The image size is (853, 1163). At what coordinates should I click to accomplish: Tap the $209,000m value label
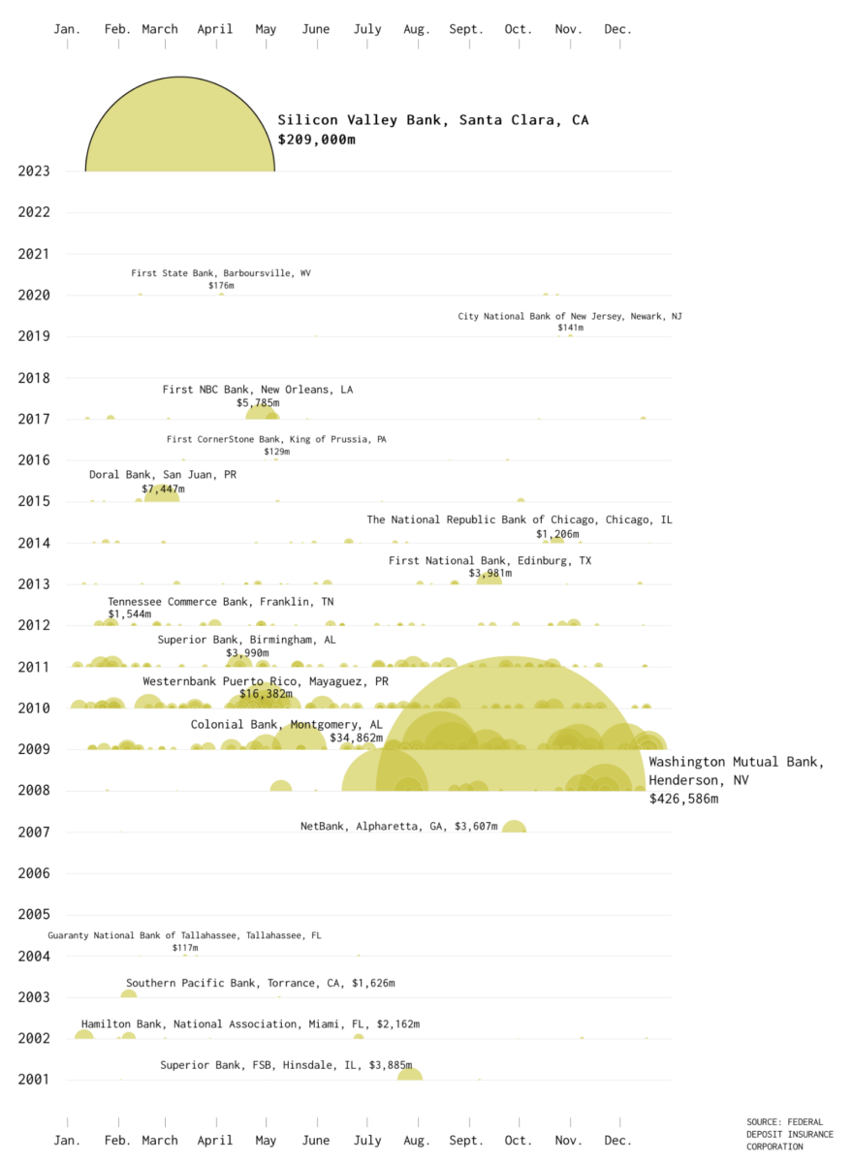point(317,140)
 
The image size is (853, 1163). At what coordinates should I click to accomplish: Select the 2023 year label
point(33,172)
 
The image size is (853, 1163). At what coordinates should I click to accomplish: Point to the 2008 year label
point(33,791)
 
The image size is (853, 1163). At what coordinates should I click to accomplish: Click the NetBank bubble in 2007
point(514,829)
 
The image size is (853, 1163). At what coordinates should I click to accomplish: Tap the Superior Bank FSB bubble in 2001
point(410,1074)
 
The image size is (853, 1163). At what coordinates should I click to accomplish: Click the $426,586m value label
point(684,799)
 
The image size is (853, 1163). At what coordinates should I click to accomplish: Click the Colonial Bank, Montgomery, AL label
point(287,724)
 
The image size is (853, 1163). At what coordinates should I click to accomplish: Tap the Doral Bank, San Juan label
point(163,475)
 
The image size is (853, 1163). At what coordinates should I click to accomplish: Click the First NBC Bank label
point(258,390)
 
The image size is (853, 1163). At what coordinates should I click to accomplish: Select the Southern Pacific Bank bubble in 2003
point(129,994)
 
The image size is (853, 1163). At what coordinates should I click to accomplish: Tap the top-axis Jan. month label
point(67,29)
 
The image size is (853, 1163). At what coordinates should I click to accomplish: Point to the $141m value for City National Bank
point(570,328)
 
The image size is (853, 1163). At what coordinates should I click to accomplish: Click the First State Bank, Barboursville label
point(221,273)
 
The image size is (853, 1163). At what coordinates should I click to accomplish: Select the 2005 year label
point(33,914)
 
